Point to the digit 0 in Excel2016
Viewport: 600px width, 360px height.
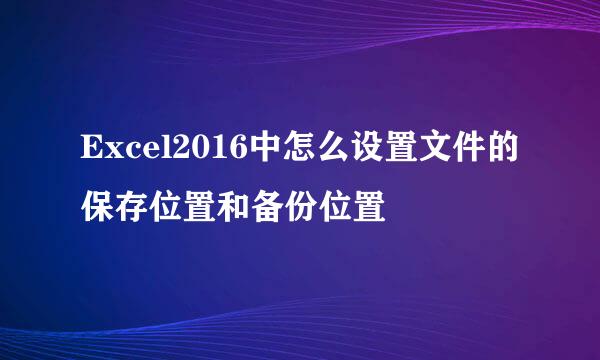tap(203, 148)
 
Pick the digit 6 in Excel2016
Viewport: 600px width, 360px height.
tap(237, 148)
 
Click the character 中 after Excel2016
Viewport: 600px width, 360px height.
tap(264, 147)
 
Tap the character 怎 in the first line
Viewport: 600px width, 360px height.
tap(298, 147)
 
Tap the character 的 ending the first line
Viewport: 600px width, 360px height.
tap(502, 147)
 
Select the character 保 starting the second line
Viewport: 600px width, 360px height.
tap(97, 206)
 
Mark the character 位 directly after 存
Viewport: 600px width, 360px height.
tap(165, 206)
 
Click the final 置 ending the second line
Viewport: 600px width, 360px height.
tap(369, 206)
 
